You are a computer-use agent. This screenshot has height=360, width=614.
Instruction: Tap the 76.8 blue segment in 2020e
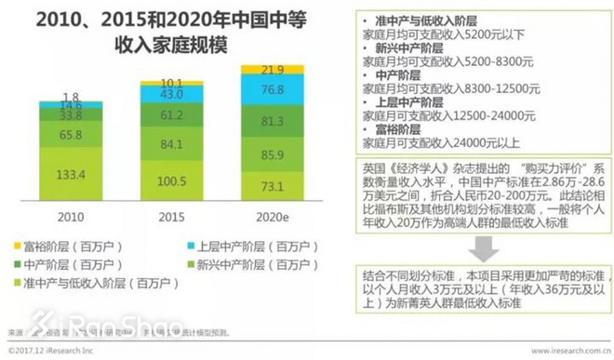point(272,89)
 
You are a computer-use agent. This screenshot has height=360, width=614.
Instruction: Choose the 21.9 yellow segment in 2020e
point(272,70)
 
